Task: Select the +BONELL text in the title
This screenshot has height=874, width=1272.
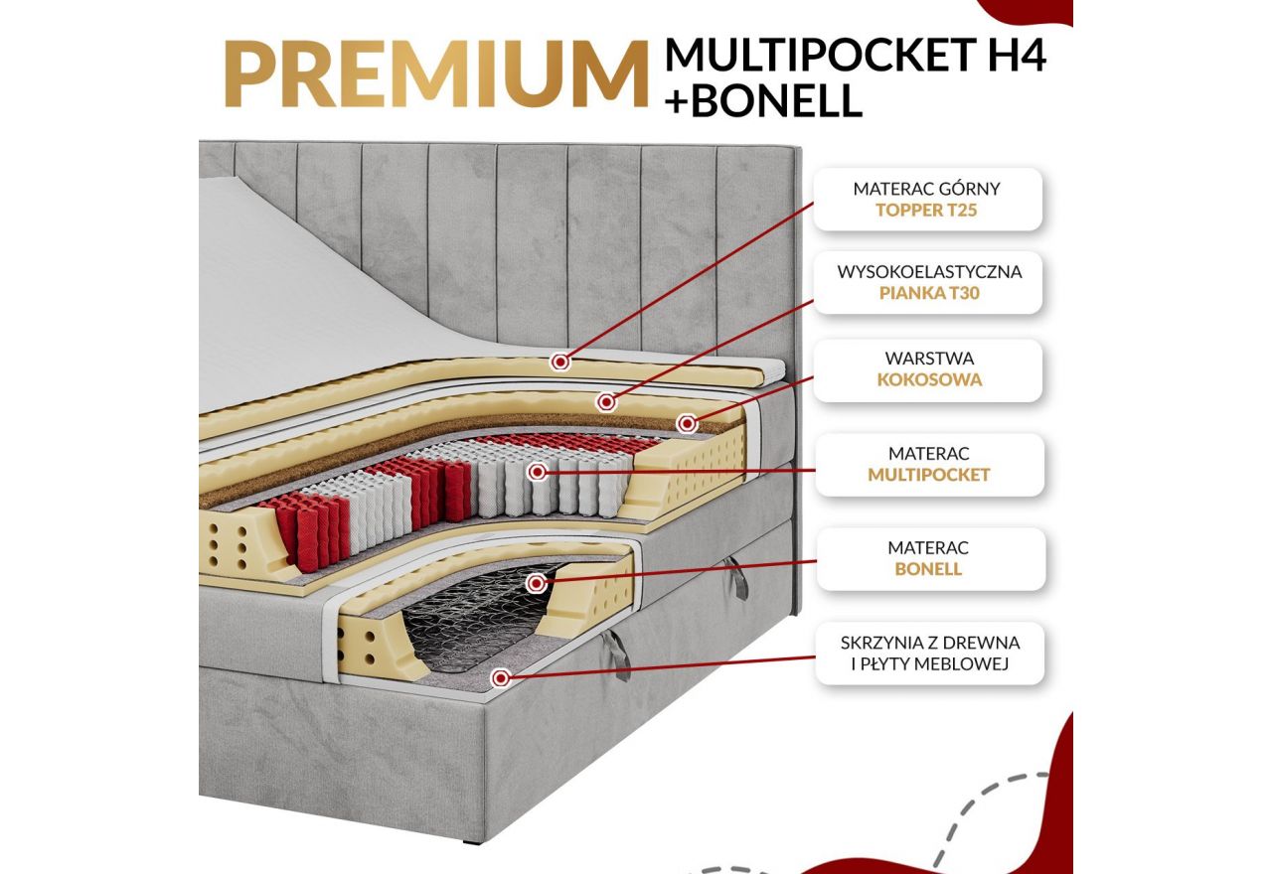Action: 764,102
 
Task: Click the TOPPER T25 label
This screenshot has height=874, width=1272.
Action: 927,211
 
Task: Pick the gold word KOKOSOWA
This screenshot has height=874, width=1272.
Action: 929,379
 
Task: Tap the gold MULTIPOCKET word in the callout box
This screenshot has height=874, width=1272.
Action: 929,475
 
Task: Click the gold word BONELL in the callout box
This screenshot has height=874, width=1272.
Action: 928,570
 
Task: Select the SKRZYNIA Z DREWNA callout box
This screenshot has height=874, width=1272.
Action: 929,654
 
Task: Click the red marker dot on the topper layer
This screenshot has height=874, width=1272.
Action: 561,362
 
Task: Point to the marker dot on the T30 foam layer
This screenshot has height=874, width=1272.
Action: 606,402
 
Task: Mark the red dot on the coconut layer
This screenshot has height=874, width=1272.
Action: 686,424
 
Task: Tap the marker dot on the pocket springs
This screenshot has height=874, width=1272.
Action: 538,473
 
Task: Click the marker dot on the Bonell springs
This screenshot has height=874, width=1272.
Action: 537,584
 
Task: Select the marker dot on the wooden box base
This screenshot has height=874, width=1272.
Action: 501,678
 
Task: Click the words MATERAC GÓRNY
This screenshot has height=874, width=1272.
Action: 927,188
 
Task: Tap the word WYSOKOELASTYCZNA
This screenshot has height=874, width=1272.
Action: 929,271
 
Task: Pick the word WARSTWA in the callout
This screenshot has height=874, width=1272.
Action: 929,357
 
